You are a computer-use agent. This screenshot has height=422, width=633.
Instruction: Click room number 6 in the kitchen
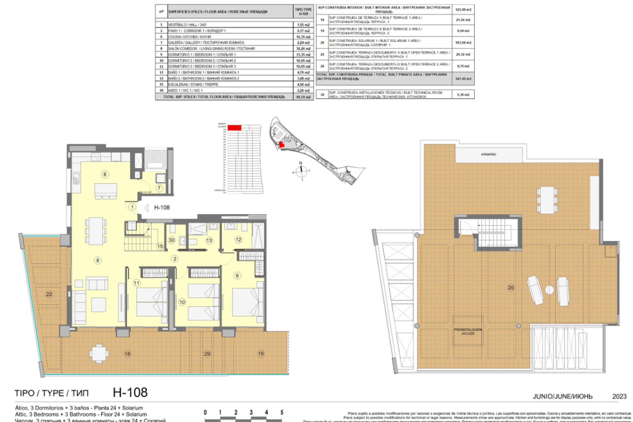[x=105, y=174]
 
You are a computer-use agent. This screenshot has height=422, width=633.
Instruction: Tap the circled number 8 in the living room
[x=98, y=260]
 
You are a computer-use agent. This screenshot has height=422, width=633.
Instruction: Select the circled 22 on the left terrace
[x=49, y=294]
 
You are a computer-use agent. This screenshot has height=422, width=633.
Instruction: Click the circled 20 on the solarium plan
[x=510, y=288]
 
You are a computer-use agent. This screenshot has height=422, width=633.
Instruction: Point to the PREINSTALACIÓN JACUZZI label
[x=467, y=331]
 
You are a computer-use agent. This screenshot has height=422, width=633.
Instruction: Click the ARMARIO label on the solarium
[x=488, y=154]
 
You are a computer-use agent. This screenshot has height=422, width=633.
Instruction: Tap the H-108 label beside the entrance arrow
[x=162, y=207]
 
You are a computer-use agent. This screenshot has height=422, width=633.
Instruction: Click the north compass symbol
[x=301, y=171]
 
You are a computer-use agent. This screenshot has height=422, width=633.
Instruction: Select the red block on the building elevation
[x=234, y=128]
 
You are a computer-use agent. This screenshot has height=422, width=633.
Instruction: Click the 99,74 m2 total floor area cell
[x=303, y=97]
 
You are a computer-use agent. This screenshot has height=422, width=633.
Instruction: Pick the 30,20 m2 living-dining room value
[x=303, y=48]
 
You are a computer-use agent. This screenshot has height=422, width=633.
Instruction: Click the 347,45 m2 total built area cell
[x=463, y=79]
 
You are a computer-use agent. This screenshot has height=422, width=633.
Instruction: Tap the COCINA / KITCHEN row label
[x=189, y=37]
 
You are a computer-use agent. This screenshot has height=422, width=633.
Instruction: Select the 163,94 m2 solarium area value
[x=463, y=43]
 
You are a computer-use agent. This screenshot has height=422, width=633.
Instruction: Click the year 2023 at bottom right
[x=619, y=396]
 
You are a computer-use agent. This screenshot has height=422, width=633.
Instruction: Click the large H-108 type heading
[x=130, y=392]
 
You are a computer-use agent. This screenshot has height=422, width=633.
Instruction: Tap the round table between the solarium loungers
[x=549, y=290]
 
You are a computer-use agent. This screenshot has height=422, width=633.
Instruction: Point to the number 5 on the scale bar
[x=282, y=412]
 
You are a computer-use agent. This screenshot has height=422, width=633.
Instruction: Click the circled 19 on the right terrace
[x=261, y=354]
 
